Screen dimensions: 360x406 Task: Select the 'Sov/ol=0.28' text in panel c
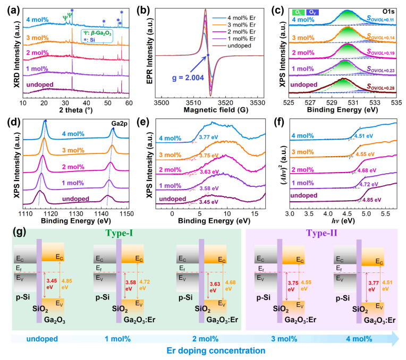(x=378, y=86)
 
